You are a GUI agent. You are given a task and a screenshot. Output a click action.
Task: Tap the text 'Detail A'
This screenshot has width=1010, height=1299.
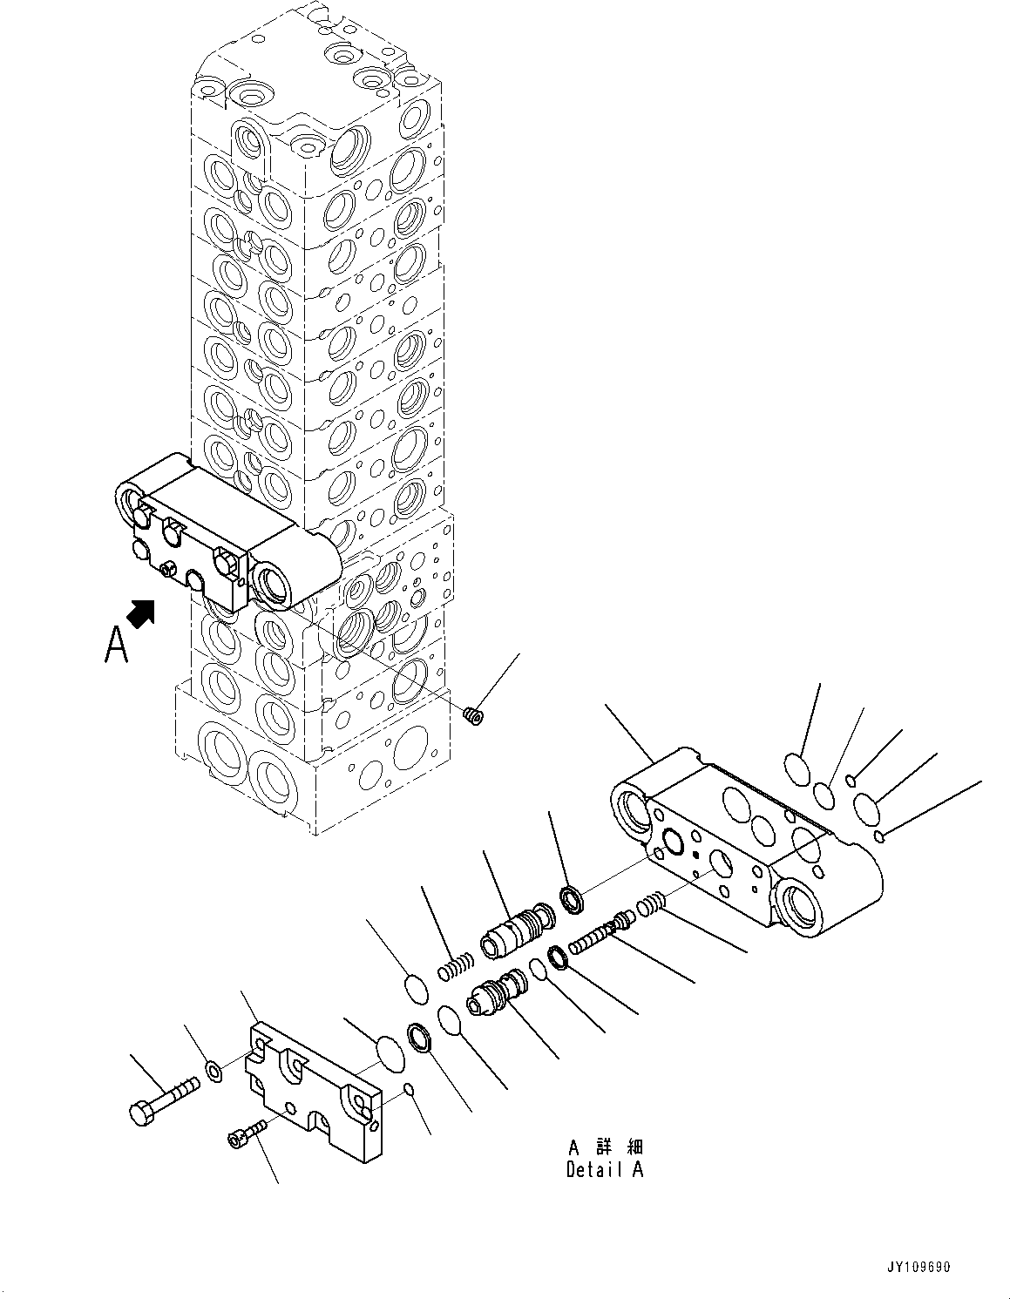(604, 1170)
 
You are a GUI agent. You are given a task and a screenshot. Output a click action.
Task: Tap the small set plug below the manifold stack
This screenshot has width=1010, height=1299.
(473, 716)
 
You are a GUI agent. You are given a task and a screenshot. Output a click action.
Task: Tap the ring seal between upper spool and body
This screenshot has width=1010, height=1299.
(572, 899)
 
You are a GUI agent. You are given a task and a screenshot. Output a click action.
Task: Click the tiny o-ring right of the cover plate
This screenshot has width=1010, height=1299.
(410, 1090)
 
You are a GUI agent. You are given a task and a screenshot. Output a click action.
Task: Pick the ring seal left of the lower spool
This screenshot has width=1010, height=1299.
(419, 1039)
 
